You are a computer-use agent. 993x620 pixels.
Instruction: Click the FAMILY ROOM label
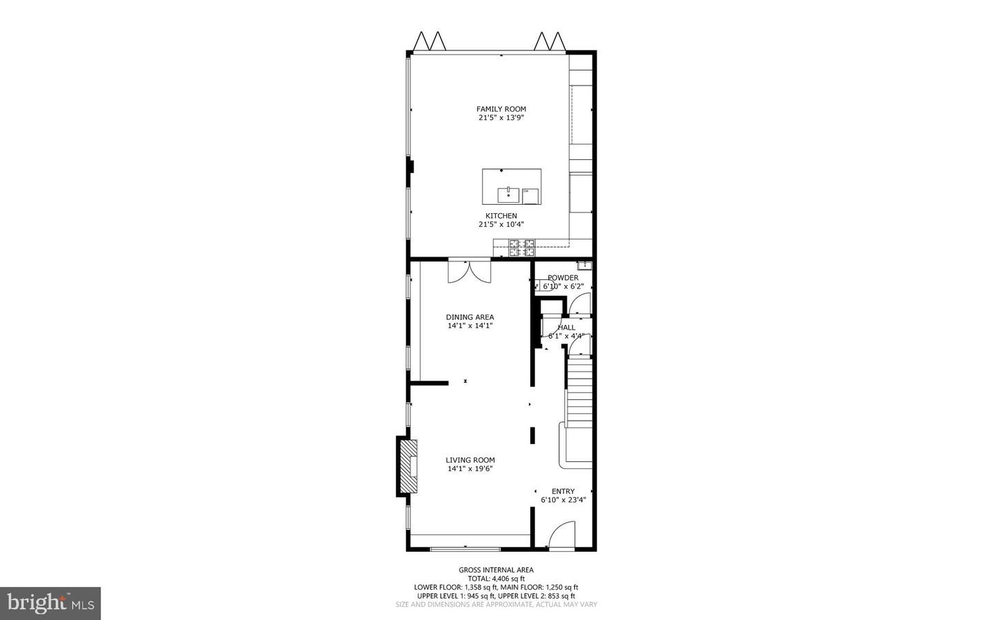[501, 109]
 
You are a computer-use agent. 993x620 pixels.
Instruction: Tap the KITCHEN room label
[501, 216]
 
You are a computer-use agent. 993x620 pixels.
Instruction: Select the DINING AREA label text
[470, 317]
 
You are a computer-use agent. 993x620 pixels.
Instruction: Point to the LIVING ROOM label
[470, 460]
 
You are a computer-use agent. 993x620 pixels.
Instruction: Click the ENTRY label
[563, 492]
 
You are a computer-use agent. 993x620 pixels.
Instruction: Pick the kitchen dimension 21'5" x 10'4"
[501, 224]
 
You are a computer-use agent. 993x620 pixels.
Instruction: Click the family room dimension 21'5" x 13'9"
[501, 118]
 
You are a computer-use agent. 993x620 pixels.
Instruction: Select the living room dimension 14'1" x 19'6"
[470, 469]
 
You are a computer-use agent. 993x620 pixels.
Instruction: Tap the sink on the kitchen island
[508, 194]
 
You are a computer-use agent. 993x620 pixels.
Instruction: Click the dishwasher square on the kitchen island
[530, 197]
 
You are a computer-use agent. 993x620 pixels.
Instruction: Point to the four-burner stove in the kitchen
[522, 248]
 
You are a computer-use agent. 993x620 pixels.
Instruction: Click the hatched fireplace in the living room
[408, 466]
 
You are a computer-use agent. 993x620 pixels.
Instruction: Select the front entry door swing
[563, 535]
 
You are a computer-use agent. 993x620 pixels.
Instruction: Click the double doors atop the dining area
[469, 270]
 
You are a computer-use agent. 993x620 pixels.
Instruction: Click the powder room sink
[584, 265]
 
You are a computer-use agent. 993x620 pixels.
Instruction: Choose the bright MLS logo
[50, 603]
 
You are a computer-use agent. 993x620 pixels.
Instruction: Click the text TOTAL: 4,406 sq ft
[496, 579]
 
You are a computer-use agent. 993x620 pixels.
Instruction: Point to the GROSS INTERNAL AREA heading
[496, 570]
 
